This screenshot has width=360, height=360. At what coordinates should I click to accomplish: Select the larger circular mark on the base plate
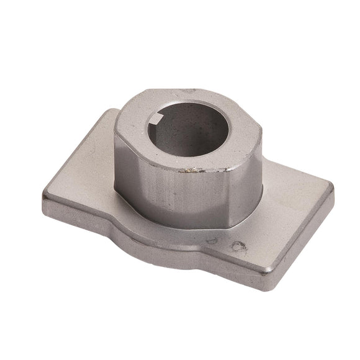pyautogui.click(x=238, y=246)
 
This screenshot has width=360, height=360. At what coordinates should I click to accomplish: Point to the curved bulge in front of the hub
pyautogui.click(x=180, y=236)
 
